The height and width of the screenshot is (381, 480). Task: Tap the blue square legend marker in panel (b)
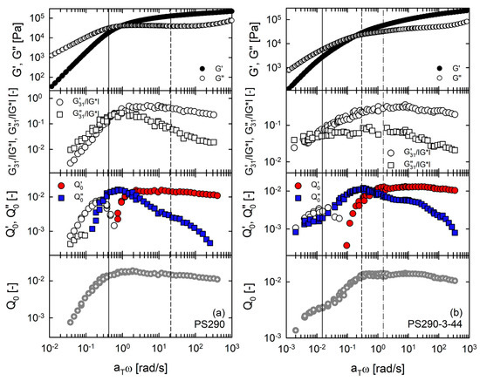point(297,197)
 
